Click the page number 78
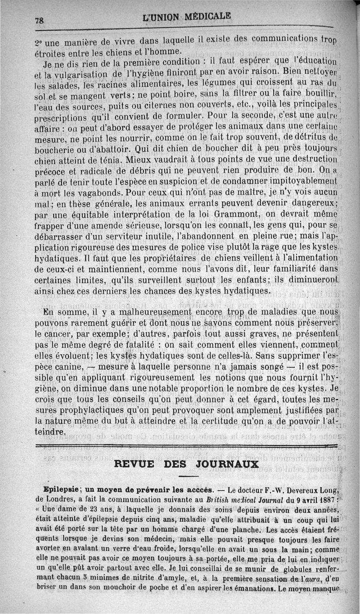point(42,20)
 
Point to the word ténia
point(112,159)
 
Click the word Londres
point(57,498)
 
